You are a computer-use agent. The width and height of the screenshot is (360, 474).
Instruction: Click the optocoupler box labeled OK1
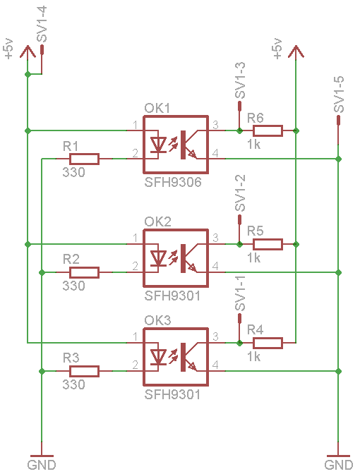(x=176, y=145)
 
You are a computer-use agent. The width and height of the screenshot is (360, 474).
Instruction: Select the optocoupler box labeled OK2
(x=176, y=258)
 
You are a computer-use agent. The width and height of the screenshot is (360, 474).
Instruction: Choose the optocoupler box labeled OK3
(x=176, y=357)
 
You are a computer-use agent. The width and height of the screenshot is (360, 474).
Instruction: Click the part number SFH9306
(x=173, y=183)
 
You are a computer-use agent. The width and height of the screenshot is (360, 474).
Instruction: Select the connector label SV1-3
(x=240, y=80)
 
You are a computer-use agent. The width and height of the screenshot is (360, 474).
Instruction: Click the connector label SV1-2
(x=240, y=193)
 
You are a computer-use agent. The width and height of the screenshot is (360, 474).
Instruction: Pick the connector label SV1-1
(x=240, y=294)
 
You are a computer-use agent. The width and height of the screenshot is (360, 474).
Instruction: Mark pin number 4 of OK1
(x=216, y=153)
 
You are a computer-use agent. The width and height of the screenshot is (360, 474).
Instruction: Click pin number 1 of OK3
(x=134, y=337)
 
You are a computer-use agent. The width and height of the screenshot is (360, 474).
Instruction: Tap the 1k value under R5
(x=254, y=258)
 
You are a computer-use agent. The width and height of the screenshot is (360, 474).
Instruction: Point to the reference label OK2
(x=158, y=221)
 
